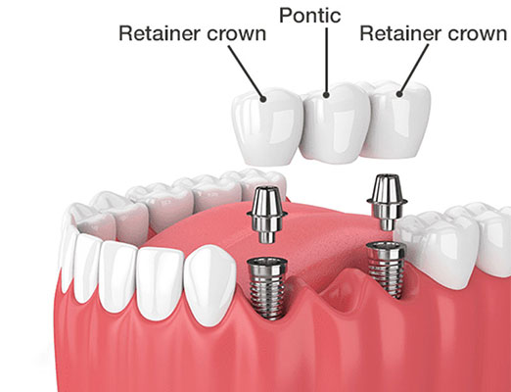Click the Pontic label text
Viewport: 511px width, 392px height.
pyautogui.click(x=310, y=16)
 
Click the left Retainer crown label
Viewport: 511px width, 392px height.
pyautogui.click(x=193, y=33)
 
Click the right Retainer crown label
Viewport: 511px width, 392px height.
pyautogui.click(x=434, y=33)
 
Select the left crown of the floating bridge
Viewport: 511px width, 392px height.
pyautogui.click(x=267, y=127)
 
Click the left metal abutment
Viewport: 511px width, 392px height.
pyautogui.click(x=267, y=214)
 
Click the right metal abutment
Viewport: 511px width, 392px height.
pyautogui.click(x=387, y=201)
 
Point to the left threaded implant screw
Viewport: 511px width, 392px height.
pyautogui.click(x=267, y=287)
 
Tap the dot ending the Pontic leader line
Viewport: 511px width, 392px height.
pyautogui.click(x=326, y=95)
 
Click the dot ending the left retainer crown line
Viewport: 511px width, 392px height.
pyautogui.click(x=263, y=98)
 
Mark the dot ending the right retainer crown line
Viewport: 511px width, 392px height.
pyautogui.click(x=399, y=94)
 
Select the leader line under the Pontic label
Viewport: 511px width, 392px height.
pyautogui.click(x=326, y=61)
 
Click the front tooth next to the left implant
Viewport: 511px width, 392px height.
pyautogui.click(x=209, y=286)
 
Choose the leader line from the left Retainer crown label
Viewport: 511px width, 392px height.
pyautogui.click(x=246, y=72)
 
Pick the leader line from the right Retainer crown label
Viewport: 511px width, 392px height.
pyautogui.click(x=414, y=69)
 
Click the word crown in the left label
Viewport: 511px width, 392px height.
pyautogui.click(x=237, y=33)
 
